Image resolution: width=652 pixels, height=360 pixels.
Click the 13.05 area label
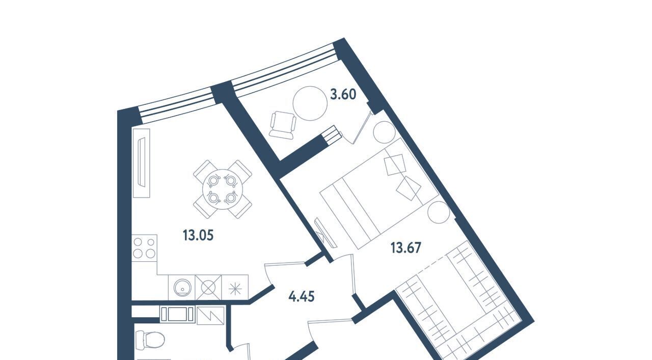click(198, 235)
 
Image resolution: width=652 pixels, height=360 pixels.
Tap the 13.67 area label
click(406, 248)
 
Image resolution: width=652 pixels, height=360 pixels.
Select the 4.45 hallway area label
click(301, 297)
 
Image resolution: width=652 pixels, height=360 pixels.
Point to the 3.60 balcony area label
click(343, 95)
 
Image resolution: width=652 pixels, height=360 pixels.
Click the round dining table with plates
click(223, 189)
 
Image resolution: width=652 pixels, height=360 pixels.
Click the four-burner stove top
click(144, 248)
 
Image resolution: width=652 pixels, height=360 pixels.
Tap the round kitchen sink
click(182, 288)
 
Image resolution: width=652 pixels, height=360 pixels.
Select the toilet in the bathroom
click(150, 339)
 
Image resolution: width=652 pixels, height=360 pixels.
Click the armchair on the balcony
click(283, 125)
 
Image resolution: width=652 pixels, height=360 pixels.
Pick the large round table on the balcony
click(310, 103)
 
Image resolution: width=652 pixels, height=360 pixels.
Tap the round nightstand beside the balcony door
click(384, 132)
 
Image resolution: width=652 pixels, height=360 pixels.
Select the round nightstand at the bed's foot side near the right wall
click(439, 212)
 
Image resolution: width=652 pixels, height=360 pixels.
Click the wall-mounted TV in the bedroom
click(325, 233)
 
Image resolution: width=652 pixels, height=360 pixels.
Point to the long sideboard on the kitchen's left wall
click(142, 163)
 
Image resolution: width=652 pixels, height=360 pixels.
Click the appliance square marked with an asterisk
click(235, 288)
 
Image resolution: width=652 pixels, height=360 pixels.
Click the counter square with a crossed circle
click(208, 288)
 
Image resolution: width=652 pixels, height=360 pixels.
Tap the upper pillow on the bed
click(395, 164)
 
